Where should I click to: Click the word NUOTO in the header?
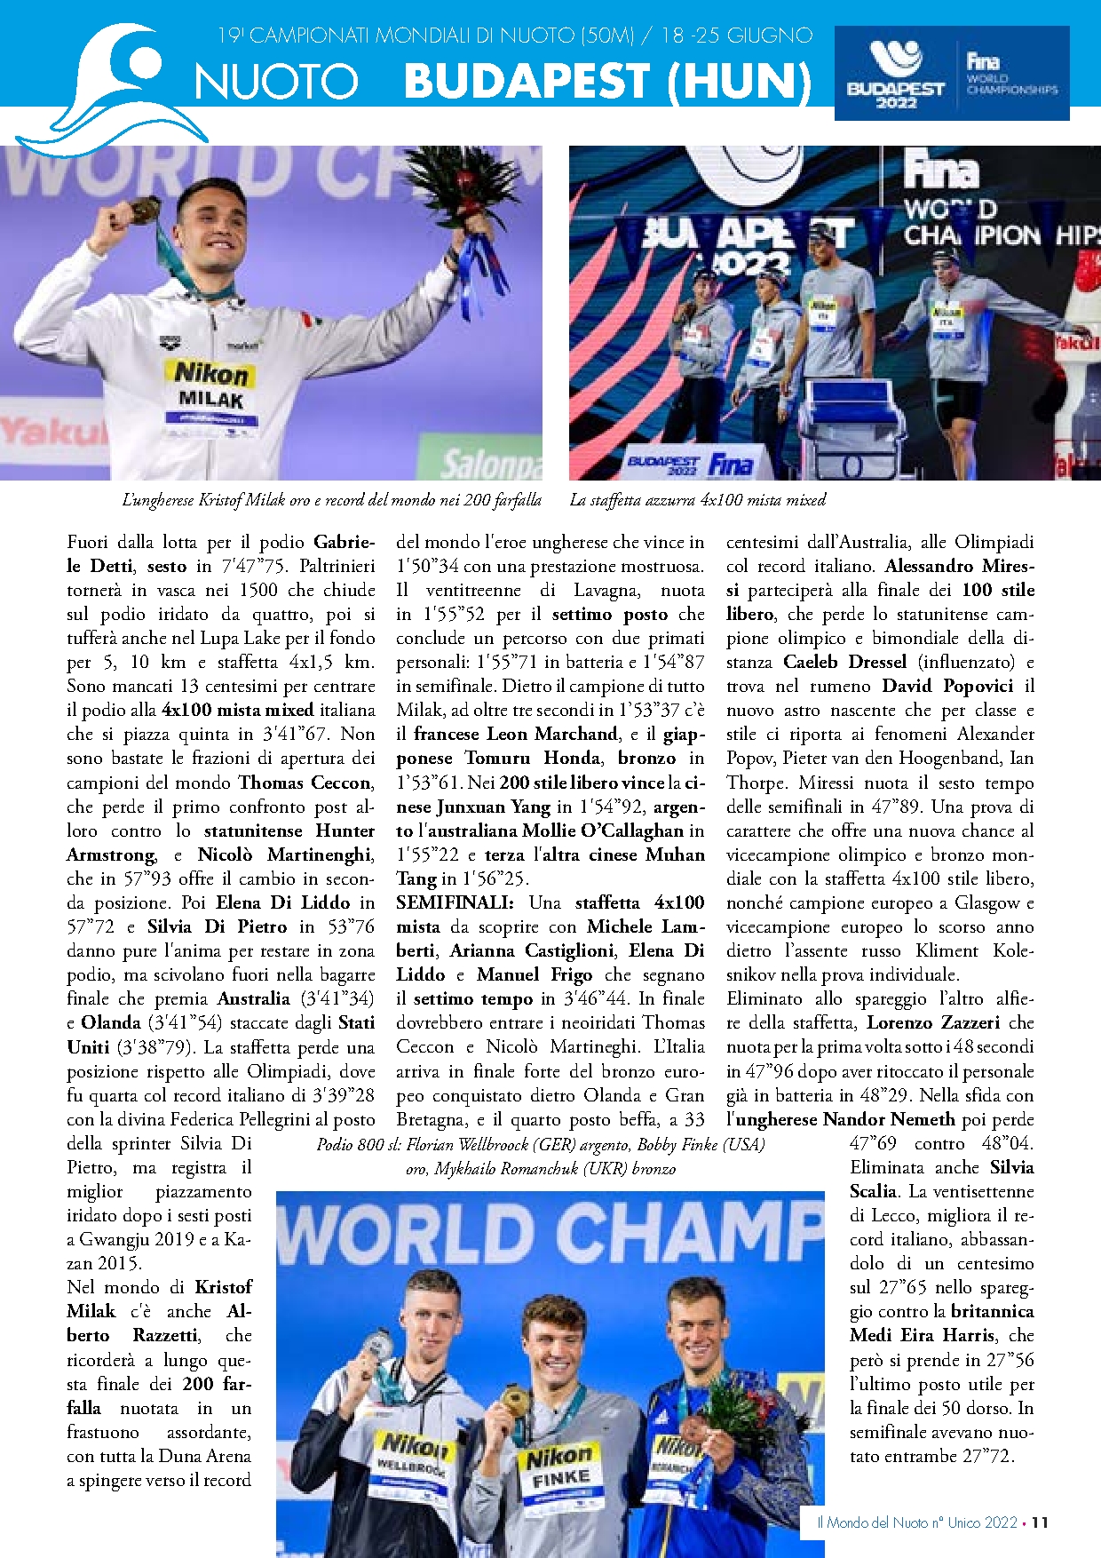click(276, 82)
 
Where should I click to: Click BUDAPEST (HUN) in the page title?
click(607, 81)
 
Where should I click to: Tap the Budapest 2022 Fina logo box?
click(951, 73)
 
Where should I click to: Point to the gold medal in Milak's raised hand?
click(144, 211)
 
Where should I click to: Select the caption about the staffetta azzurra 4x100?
click(697, 500)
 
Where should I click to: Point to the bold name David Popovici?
click(947, 686)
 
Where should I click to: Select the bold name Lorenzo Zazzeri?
click(932, 1022)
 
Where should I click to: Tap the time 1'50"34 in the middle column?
click(426, 566)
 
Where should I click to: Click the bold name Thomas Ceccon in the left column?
click(305, 783)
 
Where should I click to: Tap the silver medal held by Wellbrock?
click(379, 1347)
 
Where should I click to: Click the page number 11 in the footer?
click(1041, 1522)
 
